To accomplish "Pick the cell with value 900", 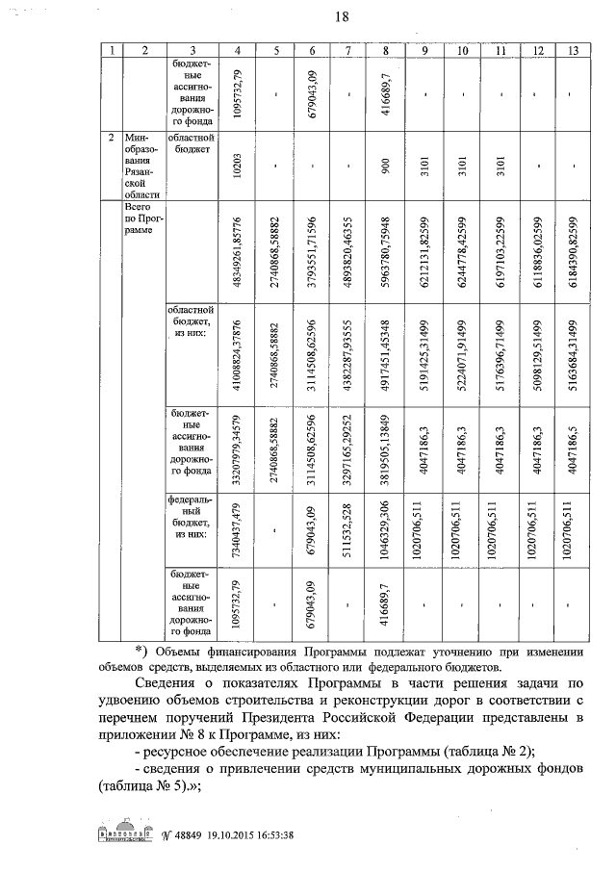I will (x=385, y=164).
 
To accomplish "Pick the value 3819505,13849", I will (x=385, y=449).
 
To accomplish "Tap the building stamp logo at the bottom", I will (x=128, y=834).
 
